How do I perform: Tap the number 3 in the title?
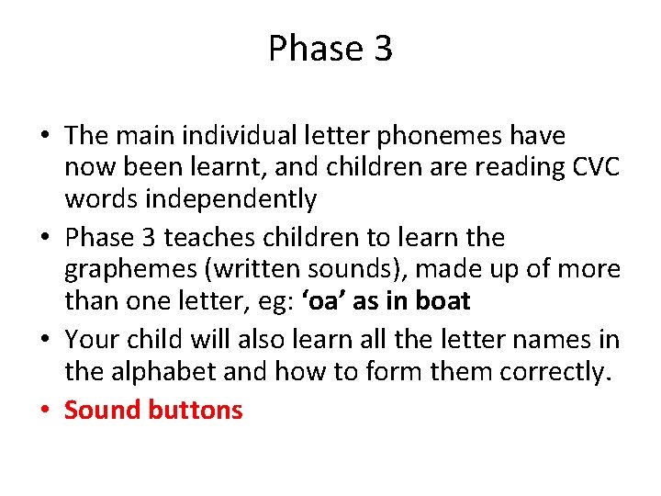(x=382, y=49)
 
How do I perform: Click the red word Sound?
(x=104, y=410)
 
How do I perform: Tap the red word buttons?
(x=196, y=410)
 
